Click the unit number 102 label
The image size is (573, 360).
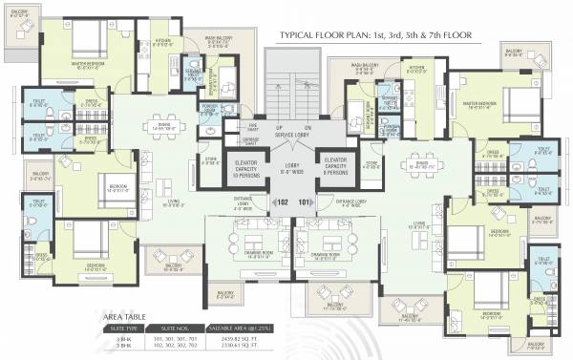pos(283,202)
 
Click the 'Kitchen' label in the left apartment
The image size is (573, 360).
pos(162,41)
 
